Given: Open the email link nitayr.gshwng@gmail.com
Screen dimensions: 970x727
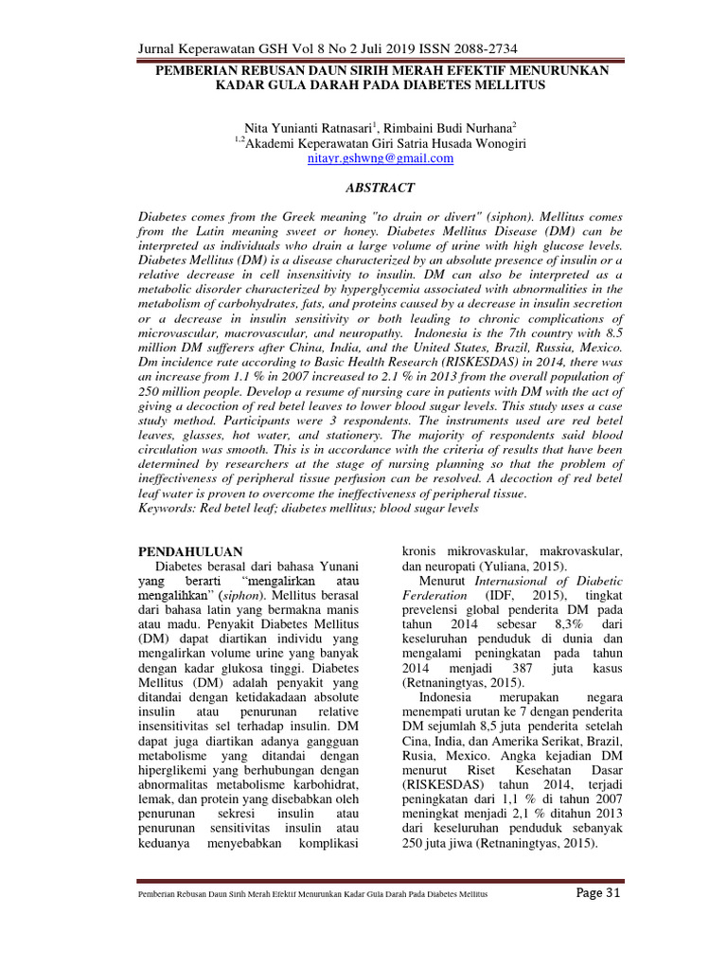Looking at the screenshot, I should click(x=381, y=159).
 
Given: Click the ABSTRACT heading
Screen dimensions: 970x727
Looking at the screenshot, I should click(x=381, y=189).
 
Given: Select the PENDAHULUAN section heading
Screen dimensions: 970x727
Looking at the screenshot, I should click(x=191, y=551).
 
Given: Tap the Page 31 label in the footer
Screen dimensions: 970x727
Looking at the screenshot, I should click(x=597, y=896).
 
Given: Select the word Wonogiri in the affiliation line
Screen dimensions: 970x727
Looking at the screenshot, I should click(x=496, y=143).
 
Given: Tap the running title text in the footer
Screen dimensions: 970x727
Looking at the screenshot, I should click(x=313, y=897).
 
